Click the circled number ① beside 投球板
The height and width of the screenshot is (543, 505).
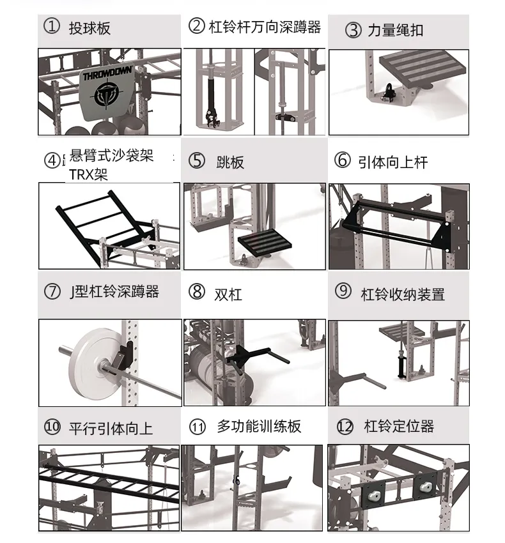click(52, 26)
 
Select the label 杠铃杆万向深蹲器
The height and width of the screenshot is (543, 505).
click(265, 27)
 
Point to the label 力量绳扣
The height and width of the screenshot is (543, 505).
click(396, 30)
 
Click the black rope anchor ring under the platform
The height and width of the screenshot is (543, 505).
click(388, 91)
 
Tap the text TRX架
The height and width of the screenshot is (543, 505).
click(88, 174)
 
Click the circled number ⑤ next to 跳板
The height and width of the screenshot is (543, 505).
click(196, 161)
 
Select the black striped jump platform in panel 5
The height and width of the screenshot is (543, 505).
click(265, 242)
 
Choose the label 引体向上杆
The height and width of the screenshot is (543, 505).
click(393, 162)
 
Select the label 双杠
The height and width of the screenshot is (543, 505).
click(228, 294)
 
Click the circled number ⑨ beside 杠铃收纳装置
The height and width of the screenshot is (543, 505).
click(343, 291)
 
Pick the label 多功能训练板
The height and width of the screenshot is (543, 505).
click(259, 426)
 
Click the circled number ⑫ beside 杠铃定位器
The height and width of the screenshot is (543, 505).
click(345, 427)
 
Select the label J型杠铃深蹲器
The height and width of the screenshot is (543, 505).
click(114, 291)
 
